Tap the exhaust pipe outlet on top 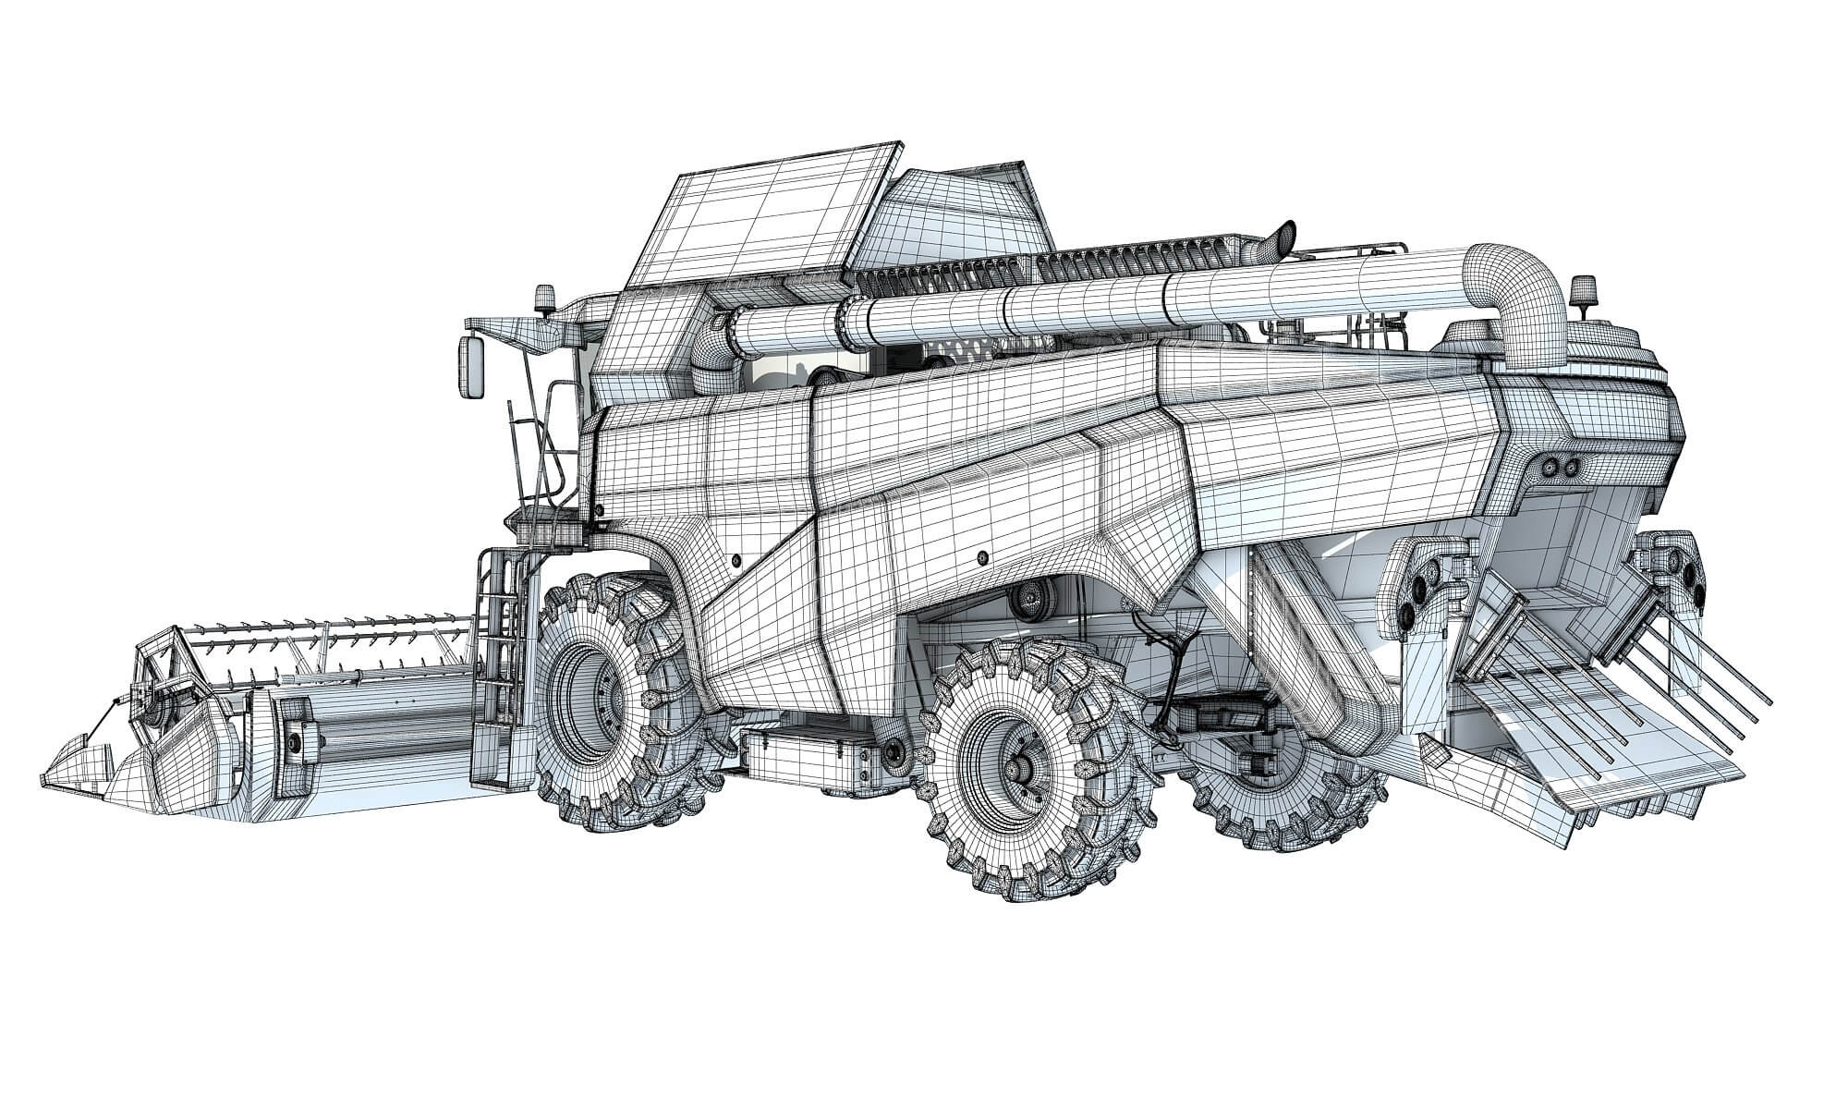(1283, 237)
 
